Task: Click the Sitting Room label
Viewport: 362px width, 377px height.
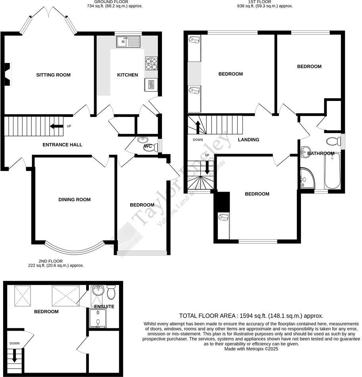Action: (x=53, y=75)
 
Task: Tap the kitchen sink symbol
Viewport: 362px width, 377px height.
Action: (x=128, y=41)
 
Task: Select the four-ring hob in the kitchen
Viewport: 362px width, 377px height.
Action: (x=151, y=63)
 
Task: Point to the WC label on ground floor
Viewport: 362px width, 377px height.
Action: (x=148, y=146)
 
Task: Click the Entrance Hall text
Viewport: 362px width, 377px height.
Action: (x=62, y=145)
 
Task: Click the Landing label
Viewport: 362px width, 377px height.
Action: (x=248, y=139)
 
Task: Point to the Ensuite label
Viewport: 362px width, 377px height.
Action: (x=104, y=307)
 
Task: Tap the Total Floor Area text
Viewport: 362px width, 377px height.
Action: (x=251, y=316)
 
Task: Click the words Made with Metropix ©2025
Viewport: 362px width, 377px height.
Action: (x=251, y=349)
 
